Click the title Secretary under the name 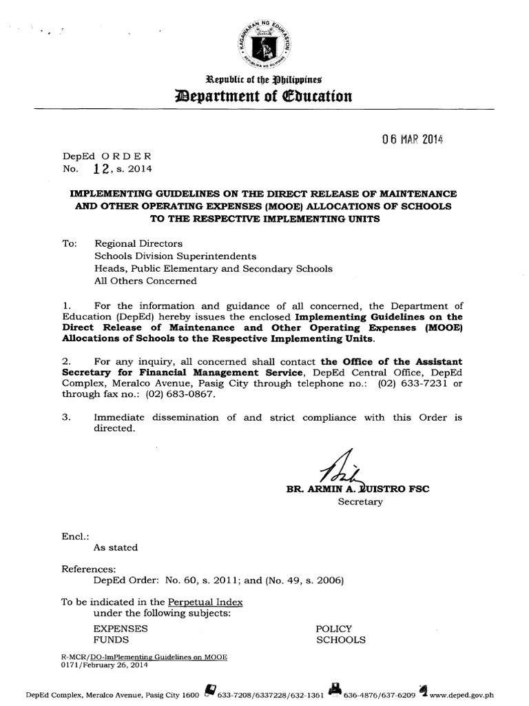pos(360,502)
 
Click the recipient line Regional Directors pos(138,243)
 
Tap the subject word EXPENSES pos(121,629)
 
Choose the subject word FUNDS pos(110,641)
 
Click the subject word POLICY pos(334,629)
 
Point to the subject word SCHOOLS pos(340,641)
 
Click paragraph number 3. pos(65,417)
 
